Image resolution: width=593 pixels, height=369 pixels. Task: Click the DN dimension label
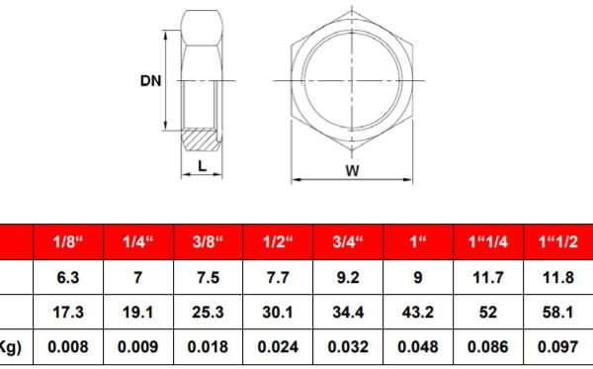point(150,81)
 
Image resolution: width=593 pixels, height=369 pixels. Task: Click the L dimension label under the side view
point(203,166)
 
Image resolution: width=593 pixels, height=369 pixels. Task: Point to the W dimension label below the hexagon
point(352,171)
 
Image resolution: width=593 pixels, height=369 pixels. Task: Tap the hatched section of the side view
point(201,139)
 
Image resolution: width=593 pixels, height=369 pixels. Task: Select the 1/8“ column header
point(68,241)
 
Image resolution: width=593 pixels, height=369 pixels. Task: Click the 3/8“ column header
point(208,241)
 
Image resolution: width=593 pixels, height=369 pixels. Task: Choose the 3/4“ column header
point(348,241)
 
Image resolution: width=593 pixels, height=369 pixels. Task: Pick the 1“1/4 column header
point(488,241)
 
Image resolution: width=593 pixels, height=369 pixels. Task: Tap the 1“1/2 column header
point(558,241)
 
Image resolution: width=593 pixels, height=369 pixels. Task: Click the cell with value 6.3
point(68,277)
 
